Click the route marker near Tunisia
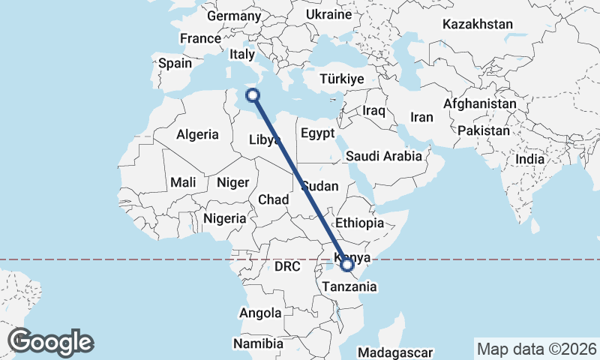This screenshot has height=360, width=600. pyautogui.click(x=253, y=95)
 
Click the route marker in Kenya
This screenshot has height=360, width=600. pyautogui.click(x=347, y=264)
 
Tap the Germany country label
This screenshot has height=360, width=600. pyautogui.click(x=233, y=16)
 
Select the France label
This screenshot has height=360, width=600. pyautogui.click(x=200, y=38)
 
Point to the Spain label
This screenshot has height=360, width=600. pyautogui.click(x=175, y=64)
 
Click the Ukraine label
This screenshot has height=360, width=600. pyautogui.click(x=329, y=14)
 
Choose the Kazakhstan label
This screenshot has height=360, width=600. pyautogui.click(x=477, y=24)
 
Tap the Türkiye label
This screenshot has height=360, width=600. pyautogui.click(x=341, y=79)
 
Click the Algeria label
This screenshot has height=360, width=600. pyautogui.click(x=197, y=135)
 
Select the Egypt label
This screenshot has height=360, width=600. pyautogui.click(x=317, y=134)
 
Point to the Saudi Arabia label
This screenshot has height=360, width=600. pyautogui.click(x=384, y=157)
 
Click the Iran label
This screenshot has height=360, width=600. pyautogui.click(x=421, y=117)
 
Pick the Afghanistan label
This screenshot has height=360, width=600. pyautogui.click(x=480, y=103)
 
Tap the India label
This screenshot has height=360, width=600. pyautogui.click(x=530, y=159)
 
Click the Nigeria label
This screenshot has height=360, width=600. pyautogui.click(x=225, y=218)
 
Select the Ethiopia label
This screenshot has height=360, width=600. pyautogui.click(x=360, y=223)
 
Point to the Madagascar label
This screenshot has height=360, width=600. pyautogui.click(x=395, y=352)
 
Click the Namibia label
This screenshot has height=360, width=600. pyautogui.click(x=258, y=343)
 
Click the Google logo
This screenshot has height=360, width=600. pyautogui.click(x=51, y=342)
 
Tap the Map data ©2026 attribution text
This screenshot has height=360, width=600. pyautogui.click(x=537, y=349)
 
